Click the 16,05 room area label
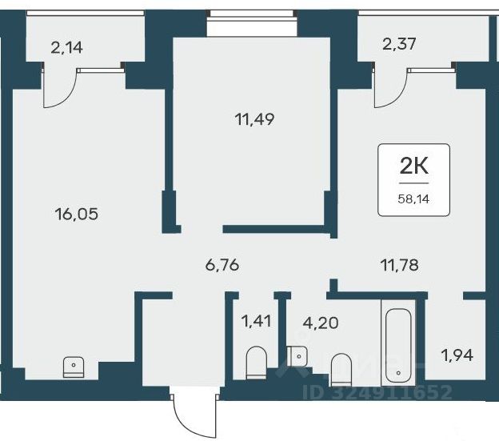pyautogui.click(x=77, y=214)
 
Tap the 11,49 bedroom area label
pyautogui.click(x=254, y=119)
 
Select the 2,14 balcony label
pyautogui.click(x=67, y=48)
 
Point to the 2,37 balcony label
pyautogui.click(x=399, y=44)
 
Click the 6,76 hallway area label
pyautogui.click(x=222, y=265)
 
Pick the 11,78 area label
pyautogui.click(x=400, y=265)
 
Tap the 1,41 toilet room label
pyautogui.click(x=256, y=321)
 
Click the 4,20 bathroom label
pyautogui.click(x=321, y=323)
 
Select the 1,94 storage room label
pyautogui.click(x=457, y=355)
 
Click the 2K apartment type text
pyautogui.click(x=413, y=166)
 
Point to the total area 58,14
pyautogui.click(x=413, y=199)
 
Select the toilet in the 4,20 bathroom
pyautogui.click(x=341, y=369)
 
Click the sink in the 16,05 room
pyautogui.click(x=74, y=367)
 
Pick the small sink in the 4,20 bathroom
pyautogui.click(x=297, y=357)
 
